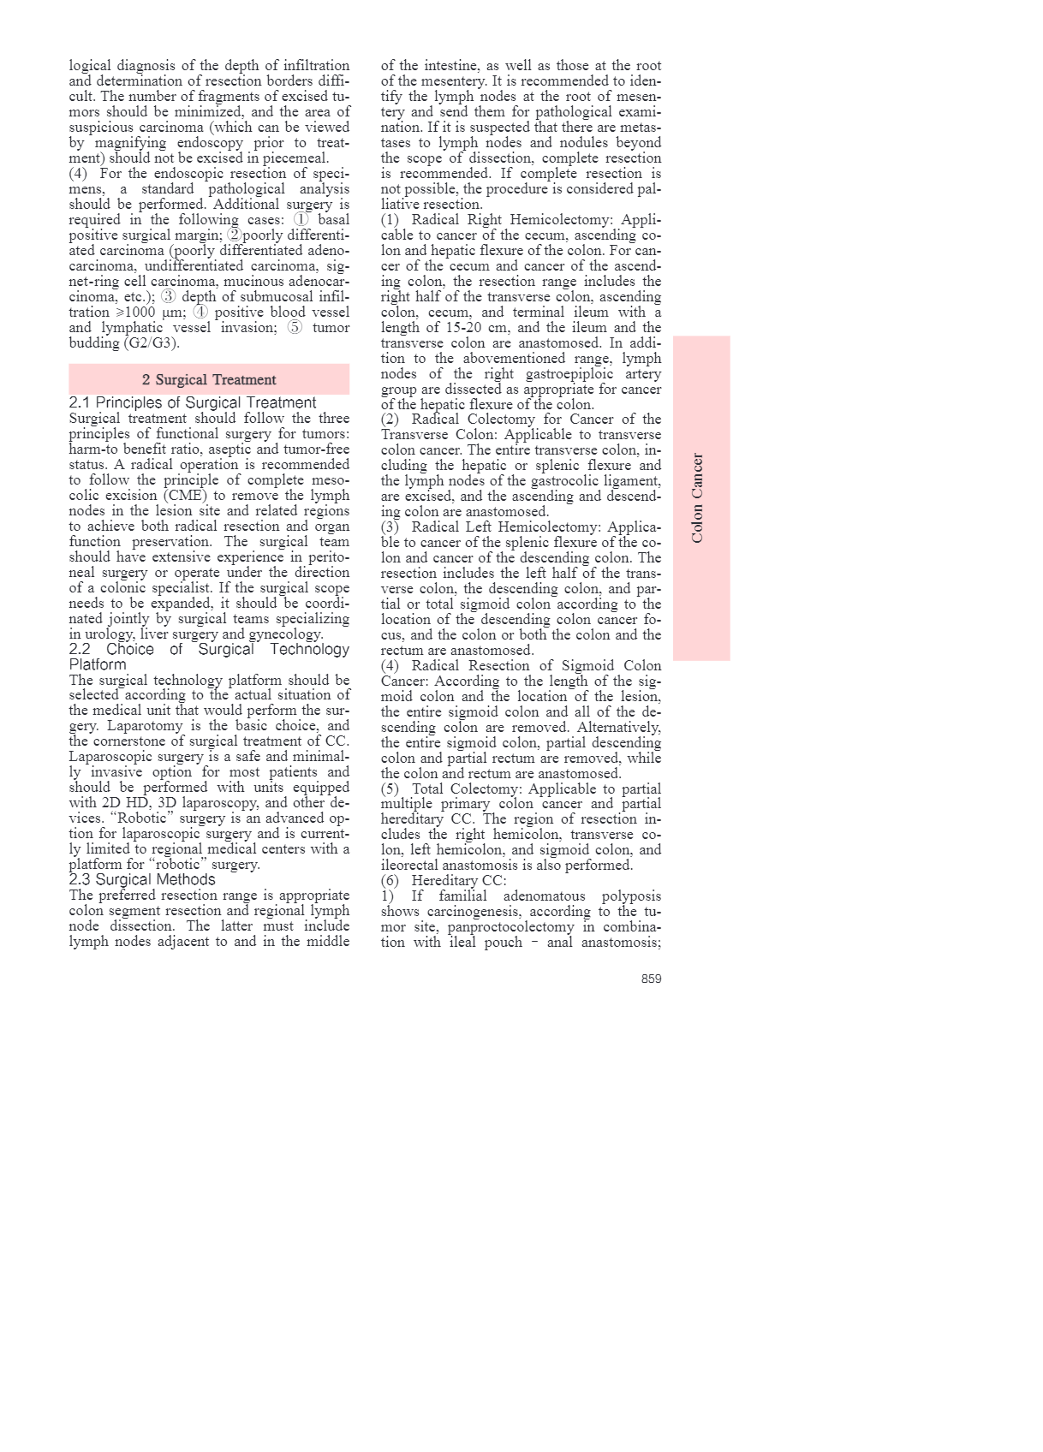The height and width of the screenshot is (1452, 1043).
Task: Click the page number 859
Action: pyautogui.click(x=651, y=979)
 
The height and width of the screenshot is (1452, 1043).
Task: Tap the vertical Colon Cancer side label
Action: pyautogui.click(x=698, y=498)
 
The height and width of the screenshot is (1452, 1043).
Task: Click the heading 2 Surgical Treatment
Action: pyautogui.click(x=209, y=379)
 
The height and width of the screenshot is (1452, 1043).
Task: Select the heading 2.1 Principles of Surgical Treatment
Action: pyautogui.click(x=193, y=402)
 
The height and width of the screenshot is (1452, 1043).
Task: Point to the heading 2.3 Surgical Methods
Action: pyautogui.click(x=142, y=879)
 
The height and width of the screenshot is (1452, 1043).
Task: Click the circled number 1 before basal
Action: pyautogui.click(x=301, y=219)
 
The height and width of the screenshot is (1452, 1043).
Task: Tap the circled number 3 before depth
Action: pyautogui.click(x=168, y=296)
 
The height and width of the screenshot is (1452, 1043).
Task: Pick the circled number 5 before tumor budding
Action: pyautogui.click(x=295, y=327)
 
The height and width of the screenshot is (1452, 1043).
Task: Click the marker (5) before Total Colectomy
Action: pyautogui.click(x=390, y=788)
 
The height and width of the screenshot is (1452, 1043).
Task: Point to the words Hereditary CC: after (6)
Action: pyautogui.click(x=459, y=880)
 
